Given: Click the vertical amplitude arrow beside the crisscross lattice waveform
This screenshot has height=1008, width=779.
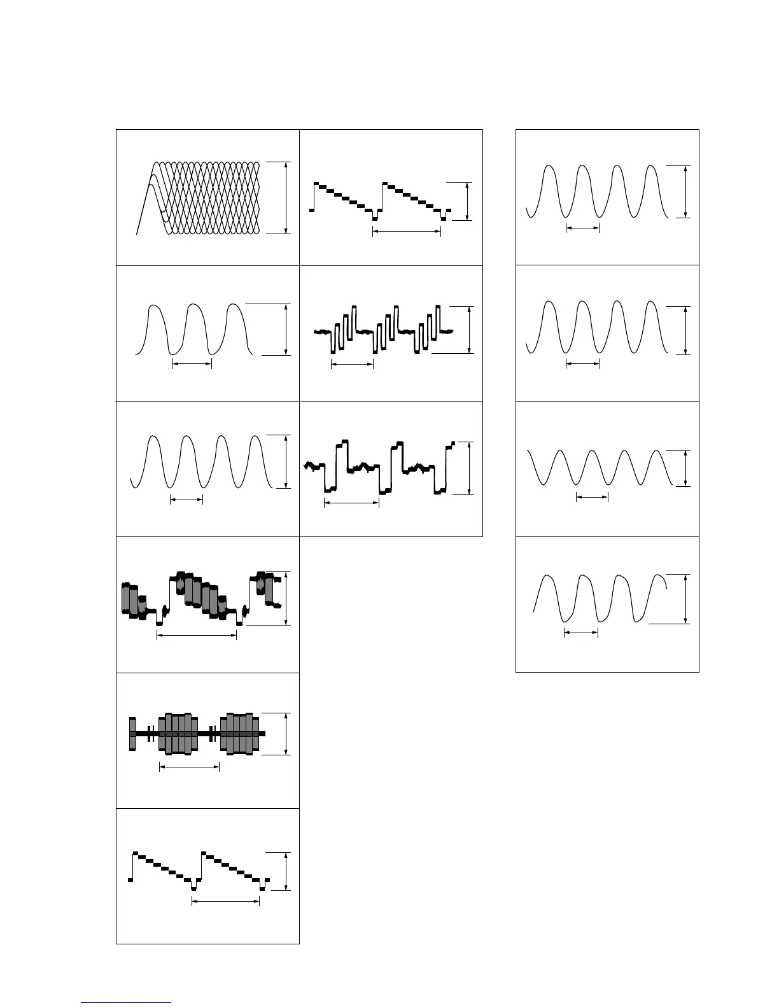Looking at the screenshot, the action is click(286, 197).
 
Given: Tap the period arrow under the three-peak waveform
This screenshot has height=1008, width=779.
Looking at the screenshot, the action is click(192, 364).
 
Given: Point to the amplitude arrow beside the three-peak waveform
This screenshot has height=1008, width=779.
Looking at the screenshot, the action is click(286, 330).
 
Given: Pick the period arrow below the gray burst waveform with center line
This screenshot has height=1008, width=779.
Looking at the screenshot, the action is click(189, 767).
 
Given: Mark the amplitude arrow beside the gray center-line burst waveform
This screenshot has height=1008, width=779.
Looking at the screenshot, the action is click(286, 734).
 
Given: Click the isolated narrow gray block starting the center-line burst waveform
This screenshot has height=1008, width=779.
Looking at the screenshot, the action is click(132, 734).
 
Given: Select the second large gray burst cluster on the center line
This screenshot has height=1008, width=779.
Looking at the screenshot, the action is click(240, 734).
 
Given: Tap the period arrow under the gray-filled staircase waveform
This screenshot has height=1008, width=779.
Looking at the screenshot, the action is click(197, 636).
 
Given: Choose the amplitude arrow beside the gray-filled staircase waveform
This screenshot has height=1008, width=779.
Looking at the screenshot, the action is click(287, 598).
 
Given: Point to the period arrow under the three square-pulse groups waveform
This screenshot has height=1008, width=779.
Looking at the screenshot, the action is click(352, 364).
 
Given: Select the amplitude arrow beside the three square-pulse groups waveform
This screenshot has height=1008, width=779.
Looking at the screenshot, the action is click(469, 330).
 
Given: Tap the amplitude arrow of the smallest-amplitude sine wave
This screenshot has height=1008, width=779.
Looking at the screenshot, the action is click(685, 468).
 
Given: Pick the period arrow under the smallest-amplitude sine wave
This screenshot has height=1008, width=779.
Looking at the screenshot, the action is click(592, 498).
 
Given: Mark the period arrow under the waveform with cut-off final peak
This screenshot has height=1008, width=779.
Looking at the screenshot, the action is click(581, 633).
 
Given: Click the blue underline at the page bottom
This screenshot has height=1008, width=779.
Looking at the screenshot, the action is click(127, 1003).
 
